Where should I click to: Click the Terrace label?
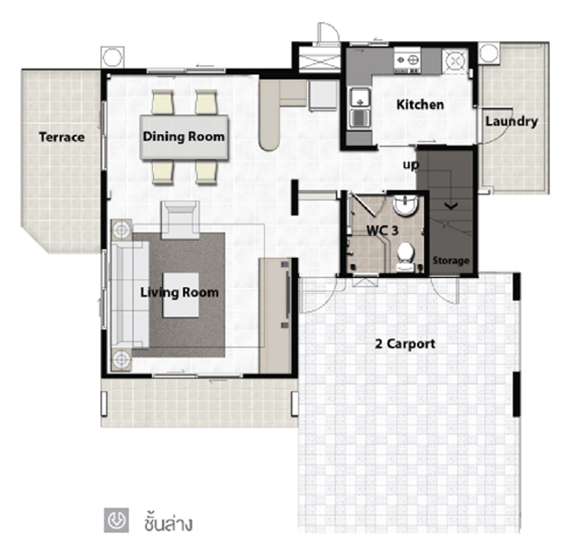pos(62,137)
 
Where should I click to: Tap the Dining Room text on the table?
pos(184,136)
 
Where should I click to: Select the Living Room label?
pos(180,292)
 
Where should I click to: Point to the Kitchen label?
pos(421,105)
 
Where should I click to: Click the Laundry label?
pos(511,121)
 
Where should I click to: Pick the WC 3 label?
pos(382,231)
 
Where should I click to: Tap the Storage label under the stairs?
pos(451,261)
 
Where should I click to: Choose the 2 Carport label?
pos(406,344)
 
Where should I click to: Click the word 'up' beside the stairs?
pos(411,165)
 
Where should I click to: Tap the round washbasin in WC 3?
pos(405,205)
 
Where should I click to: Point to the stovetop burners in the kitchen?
pos(407,60)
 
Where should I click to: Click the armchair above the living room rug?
pos(180,220)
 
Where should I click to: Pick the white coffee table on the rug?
pos(180,295)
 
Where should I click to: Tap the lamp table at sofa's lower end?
pos(121,360)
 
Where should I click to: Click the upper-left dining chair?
pos(163,102)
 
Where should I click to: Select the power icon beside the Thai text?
pos(116,520)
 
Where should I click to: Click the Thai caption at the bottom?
pos(168,522)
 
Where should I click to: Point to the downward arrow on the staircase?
pos(451,206)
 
